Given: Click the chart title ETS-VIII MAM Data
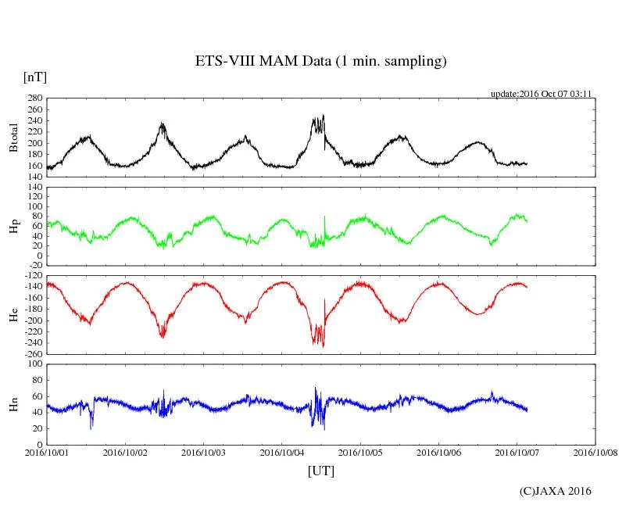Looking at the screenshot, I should [x=320, y=62].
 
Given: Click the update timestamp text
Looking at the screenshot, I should [x=540, y=93].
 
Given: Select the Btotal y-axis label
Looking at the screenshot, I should [x=13, y=138].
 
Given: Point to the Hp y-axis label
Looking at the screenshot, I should [x=13, y=227].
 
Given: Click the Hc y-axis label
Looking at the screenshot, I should [x=13, y=315].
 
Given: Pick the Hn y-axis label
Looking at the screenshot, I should [x=13, y=403].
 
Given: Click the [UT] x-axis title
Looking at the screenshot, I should [x=320, y=471].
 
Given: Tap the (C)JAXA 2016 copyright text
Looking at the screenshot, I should [x=555, y=491].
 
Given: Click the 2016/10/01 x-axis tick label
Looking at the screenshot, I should [x=47, y=452].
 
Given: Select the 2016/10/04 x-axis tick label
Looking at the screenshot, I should [x=282, y=452].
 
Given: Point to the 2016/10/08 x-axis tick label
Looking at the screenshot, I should [x=595, y=452].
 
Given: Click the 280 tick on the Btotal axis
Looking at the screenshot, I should [x=34, y=98].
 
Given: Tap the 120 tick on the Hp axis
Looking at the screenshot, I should [x=34, y=187].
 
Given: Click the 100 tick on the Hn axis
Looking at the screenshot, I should [x=34, y=363].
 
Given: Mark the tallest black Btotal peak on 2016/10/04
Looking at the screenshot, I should [x=324, y=116].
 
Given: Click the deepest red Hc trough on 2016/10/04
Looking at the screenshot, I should [x=324, y=346].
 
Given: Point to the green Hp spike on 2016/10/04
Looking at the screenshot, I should [x=324, y=217].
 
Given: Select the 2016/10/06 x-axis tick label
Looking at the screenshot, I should [x=439, y=452].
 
